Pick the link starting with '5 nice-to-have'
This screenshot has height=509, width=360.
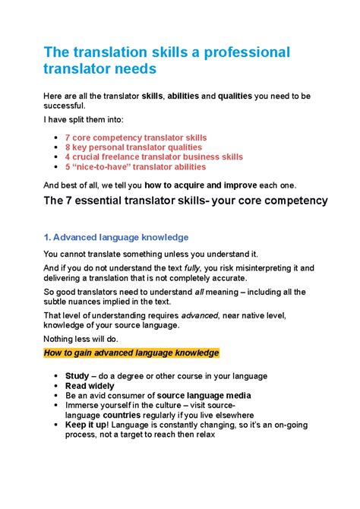click(x=135, y=167)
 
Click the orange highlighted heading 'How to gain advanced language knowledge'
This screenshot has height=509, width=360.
click(x=131, y=353)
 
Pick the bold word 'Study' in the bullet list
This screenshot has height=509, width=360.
click(x=77, y=376)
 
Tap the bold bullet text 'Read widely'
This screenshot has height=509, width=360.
click(x=90, y=386)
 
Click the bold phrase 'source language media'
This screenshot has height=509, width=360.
click(x=204, y=396)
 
